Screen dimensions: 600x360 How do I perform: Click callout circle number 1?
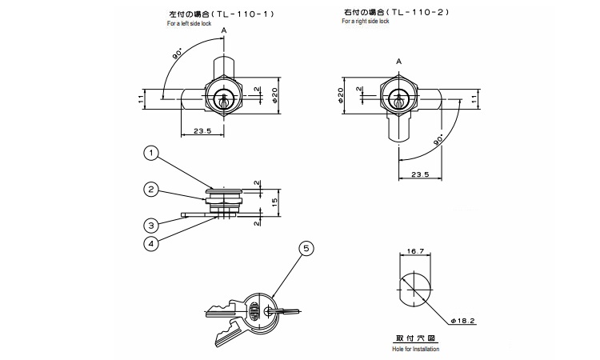tap(151, 154)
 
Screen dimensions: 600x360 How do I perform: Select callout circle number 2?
tap(151, 190)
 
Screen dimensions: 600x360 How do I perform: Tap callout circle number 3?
tap(151, 226)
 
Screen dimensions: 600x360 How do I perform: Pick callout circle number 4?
tap(151, 244)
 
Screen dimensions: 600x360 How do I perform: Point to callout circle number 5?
tap(306, 249)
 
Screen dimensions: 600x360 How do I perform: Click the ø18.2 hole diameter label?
tap(462, 321)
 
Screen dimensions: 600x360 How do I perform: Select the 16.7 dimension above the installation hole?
tap(415, 251)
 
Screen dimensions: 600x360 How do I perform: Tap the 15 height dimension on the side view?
tap(274, 202)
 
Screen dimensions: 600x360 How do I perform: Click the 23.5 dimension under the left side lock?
tap(202, 131)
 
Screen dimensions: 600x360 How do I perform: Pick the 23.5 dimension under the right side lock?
tap(420, 174)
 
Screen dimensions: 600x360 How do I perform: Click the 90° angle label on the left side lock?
tap(178, 53)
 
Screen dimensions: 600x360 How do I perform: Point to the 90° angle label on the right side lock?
tap(438, 139)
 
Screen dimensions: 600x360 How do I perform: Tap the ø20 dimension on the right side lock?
tap(341, 95)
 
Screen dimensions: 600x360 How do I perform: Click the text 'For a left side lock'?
tap(189, 23)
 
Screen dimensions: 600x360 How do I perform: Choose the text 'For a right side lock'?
tap(366, 21)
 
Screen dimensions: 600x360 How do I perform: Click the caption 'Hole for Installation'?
tap(415, 349)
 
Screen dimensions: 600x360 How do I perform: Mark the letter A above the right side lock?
tap(398, 62)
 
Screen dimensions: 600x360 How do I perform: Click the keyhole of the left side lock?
tap(223, 99)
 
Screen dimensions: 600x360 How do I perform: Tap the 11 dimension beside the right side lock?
tap(474, 98)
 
